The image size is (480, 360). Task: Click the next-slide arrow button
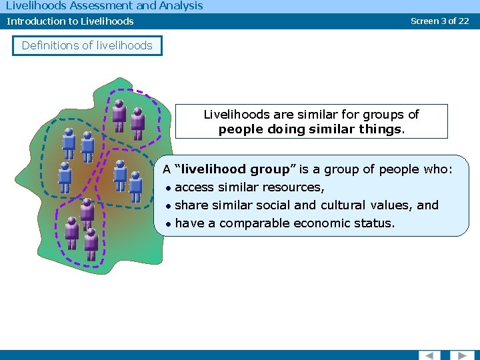point(461,355)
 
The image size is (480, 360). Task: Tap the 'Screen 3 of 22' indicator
point(439,21)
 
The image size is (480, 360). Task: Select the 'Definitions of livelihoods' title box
point(87,45)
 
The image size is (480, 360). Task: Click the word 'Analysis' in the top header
point(181,6)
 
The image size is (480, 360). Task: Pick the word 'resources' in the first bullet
point(295,187)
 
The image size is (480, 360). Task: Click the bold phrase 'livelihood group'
point(235,169)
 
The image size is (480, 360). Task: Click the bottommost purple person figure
point(91,244)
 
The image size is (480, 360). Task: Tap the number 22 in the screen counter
point(463,21)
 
